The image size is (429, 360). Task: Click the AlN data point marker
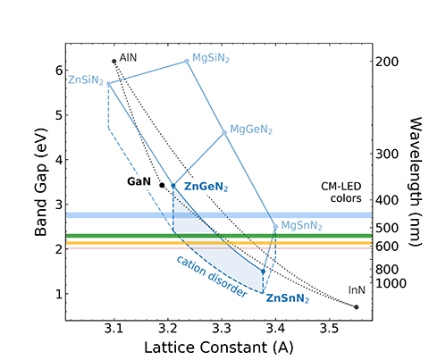[x=114, y=61]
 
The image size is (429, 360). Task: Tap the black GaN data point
[x=162, y=185]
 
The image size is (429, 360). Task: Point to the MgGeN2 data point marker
[x=224, y=132]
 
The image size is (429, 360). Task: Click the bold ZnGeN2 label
[x=206, y=187]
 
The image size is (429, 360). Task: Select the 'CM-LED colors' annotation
[x=346, y=192]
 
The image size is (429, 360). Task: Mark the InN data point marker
[x=357, y=306]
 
